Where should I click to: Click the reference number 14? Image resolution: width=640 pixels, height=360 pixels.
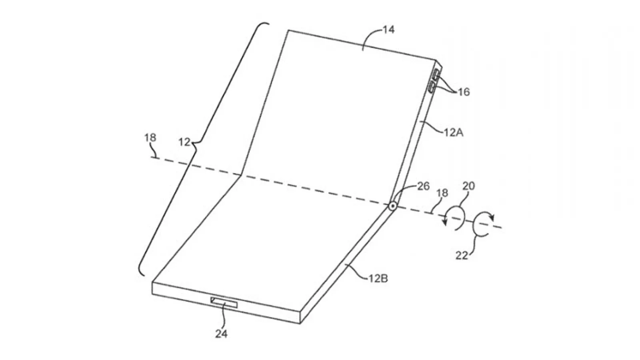click(x=388, y=30)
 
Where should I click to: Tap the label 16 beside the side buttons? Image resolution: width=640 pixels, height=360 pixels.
click(x=464, y=92)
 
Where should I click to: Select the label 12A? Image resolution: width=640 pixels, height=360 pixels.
click(x=454, y=132)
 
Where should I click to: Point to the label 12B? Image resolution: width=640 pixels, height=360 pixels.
click(x=378, y=278)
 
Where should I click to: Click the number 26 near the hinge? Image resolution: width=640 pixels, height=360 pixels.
click(x=424, y=186)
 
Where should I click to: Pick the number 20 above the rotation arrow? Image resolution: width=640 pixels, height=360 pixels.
click(x=468, y=186)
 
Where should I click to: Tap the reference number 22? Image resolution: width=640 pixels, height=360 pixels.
click(x=462, y=256)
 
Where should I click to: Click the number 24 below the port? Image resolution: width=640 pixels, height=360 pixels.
click(x=222, y=334)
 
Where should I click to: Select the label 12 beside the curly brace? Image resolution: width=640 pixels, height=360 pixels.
click(x=184, y=142)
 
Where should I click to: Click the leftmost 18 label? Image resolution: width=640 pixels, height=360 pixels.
click(x=150, y=138)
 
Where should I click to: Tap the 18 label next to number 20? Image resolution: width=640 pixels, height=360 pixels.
click(x=442, y=193)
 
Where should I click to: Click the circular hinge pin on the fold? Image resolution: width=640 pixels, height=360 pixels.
click(x=392, y=206)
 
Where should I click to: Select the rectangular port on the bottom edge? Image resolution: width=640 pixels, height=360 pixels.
click(x=224, y=302)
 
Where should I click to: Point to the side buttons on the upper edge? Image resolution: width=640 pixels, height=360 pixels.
click(x=434, y=81)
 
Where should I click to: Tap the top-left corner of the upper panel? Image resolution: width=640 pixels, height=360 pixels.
click(x=288, y=30)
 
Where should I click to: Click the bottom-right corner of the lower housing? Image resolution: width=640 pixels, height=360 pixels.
click(x=300, y=324)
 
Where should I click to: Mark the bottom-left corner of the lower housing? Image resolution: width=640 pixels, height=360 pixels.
click(x=152, y=294)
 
